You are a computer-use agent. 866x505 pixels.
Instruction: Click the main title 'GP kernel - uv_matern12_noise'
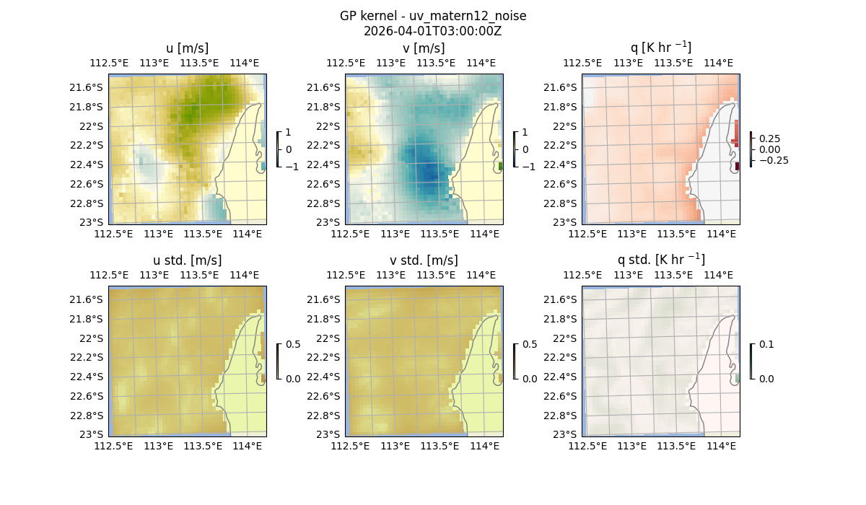pyautogui.click(x=433, y=16)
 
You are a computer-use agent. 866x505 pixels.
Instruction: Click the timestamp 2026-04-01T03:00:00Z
pyautogui.click(x=433, y=31)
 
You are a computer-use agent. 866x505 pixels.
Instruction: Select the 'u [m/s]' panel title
pyautogui.click(x=188, y=48)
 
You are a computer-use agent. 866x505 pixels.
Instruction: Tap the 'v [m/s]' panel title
pyautogui.click(x=424, y=48)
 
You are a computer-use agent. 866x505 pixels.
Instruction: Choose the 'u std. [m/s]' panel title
pyautogui.click(x=188, y=260)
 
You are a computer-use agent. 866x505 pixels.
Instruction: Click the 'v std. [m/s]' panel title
pyautogui.click(x=424, y=260)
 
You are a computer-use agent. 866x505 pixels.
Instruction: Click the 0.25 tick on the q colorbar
pyautogui.click(x=769, y=139)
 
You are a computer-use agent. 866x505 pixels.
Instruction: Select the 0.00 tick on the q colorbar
pyautogui.click(x=769, y=149)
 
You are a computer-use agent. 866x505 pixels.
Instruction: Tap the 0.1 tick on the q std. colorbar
pyautogui.click(x=765, y=344)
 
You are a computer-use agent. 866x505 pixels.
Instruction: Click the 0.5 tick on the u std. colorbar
pyautogui.click(x=293, y=344)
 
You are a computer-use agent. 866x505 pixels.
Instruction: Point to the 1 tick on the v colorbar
pyautogui.click(x=525, y=132)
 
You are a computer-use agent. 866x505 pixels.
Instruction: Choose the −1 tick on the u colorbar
pyautogui.click(x=292, y=167)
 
